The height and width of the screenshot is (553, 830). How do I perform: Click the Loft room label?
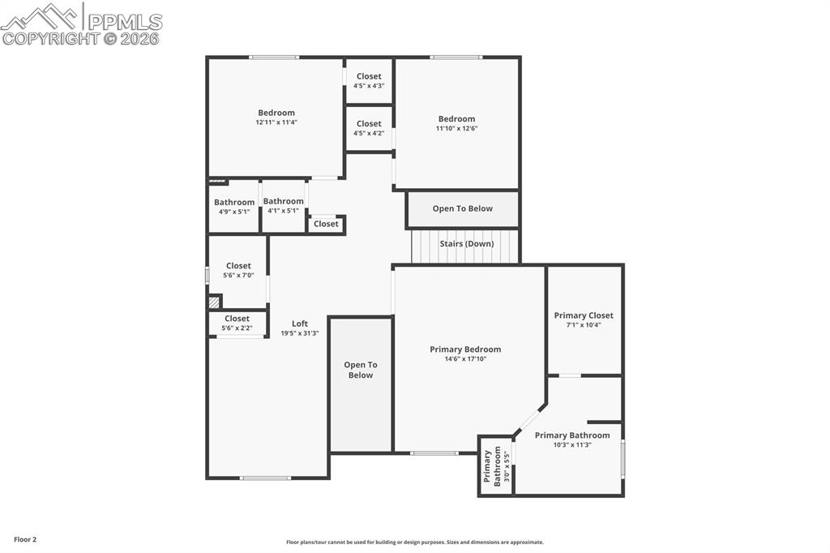coord(300,324)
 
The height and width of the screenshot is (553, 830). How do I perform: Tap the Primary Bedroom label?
coord(465,349)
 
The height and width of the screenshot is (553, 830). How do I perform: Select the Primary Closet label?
coord(584,315)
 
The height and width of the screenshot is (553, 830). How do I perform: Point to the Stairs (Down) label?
coord(466,243)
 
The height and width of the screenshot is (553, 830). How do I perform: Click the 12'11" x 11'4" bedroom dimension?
coord(276,122)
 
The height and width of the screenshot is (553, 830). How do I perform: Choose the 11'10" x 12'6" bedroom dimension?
coord(457,128)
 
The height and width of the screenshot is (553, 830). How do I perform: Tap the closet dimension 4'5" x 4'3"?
coord(369,85)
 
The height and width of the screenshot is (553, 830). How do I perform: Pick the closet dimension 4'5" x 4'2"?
coord(369,133)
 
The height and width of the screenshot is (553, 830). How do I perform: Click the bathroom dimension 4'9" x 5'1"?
coord(234,212)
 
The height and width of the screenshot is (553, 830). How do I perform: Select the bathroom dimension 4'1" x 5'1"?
coord(283,211)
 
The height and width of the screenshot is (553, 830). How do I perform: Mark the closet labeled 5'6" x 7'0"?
coord(238,276)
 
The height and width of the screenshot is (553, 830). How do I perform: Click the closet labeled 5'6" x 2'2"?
coord(237,328)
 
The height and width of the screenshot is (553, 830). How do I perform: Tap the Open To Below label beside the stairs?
coord(462,208)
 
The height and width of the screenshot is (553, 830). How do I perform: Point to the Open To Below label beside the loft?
coord(361,370)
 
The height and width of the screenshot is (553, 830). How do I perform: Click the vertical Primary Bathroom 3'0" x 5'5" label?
coord(496,466)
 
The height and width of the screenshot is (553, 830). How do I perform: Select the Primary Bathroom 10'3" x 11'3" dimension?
coord(572,444)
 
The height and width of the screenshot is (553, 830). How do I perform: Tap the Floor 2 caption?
coord(25,539)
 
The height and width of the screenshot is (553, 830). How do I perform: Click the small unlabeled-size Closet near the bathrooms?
coord(326,224)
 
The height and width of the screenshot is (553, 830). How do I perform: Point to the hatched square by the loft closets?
coord(214,302)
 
